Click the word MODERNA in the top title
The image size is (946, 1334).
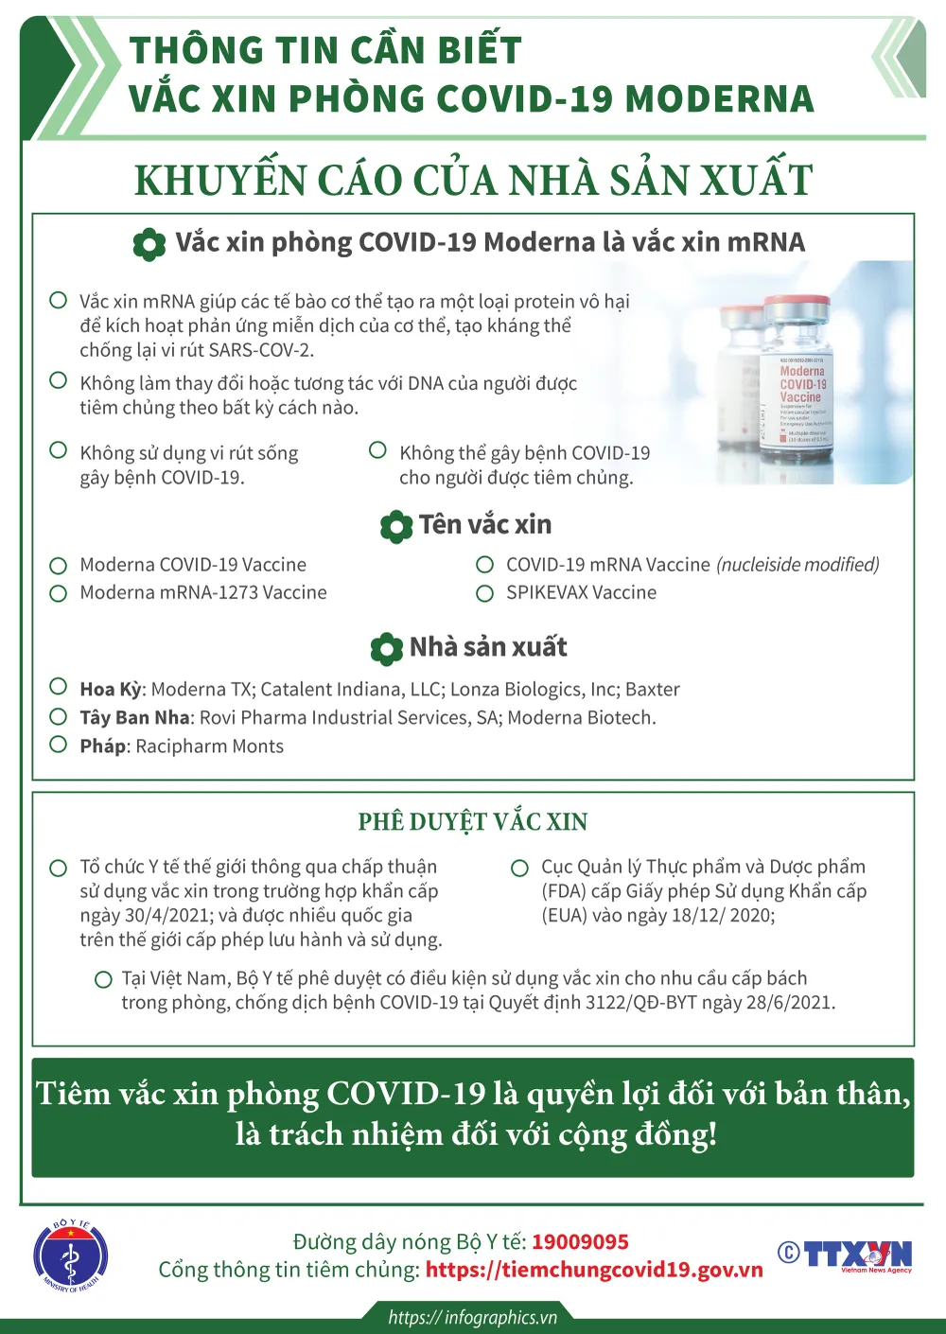(x=719, y=98)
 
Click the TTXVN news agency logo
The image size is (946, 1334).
(x=846, y=1255)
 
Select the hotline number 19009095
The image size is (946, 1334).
(x=580, y=1241)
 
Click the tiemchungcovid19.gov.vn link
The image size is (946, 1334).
(x=594, y=1270)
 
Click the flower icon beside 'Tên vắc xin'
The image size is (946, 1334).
(x=395, y=526)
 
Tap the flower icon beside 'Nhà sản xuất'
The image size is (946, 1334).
(x=386, y=649)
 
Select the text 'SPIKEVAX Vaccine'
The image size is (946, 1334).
(x=581, y=592)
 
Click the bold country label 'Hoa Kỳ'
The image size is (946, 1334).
(x=110, y=690)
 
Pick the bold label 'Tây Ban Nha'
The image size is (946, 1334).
(x=134, y=718)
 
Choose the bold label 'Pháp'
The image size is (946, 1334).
(x=103, y=746)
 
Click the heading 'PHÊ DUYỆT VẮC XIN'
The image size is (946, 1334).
(x=473, y=821)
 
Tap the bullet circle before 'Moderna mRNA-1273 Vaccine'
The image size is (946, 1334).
(x=59, y=593)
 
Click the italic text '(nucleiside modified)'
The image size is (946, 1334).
(x=797, y=565)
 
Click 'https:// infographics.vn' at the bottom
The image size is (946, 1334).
(x=472, y=1317)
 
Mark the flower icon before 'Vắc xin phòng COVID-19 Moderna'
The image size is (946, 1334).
(x=149, y=244)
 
